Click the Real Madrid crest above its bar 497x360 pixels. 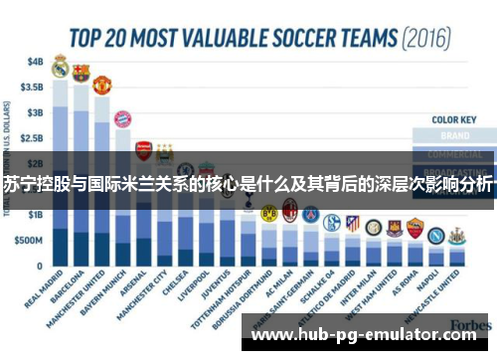click(x=60, y=69)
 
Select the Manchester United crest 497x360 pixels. click(x=102, y=84)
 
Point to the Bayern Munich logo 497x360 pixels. click(x=123, y=119)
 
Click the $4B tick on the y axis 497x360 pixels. click(x=36, y=61)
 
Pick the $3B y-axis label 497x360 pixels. click(x=36, y=112)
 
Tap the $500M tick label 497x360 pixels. click(x=30, y=242)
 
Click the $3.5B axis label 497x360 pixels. click(x=33, y=87)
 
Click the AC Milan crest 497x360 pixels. click(x=290, y=209)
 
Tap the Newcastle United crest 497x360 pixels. click(x=456, y=236)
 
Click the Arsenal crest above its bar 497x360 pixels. click(x=144, y=149)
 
